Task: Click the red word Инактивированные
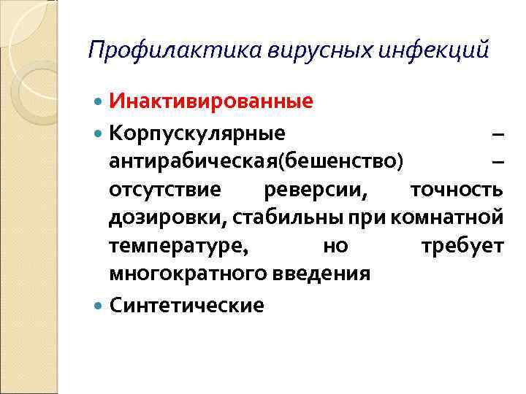pos(211,101)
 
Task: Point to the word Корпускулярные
pos(197,134)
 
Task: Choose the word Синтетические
pos(186,304)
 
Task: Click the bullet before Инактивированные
pos(99,101)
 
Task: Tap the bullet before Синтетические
pos(99,304)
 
